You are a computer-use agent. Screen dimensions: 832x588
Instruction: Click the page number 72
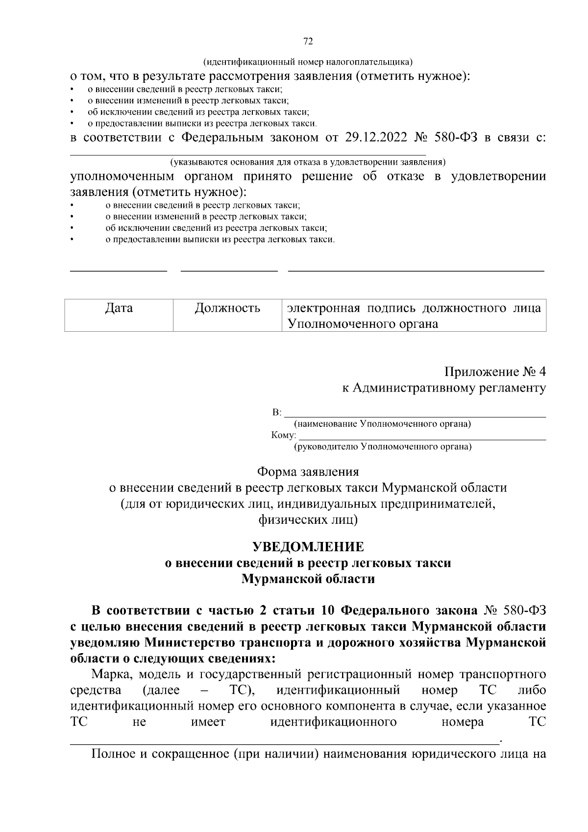[x=308, y=41]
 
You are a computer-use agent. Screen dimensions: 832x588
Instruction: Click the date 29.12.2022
[x=376, y=137]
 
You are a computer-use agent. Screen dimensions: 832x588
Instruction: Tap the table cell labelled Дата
[x=119, y=308]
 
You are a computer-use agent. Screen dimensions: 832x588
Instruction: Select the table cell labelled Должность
[x=227, y=308]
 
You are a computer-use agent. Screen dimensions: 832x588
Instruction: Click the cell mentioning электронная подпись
[x=414, y=316]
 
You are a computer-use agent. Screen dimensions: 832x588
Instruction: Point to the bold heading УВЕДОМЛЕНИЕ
[x=308, y=546]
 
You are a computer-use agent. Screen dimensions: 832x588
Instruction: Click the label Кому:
[x=284, y=435]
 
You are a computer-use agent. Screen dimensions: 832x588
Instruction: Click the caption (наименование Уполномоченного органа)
[x=382, y=424]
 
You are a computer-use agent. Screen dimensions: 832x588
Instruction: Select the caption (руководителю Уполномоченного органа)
[x=382, y=447]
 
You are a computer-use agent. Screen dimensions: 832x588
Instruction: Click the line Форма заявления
[x=308, y=472]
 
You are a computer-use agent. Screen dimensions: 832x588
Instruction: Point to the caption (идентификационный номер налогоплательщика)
[x=308, y=62]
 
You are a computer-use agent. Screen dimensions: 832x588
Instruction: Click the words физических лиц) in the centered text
[x=308, y=519]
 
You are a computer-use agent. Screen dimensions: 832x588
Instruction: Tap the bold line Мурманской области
[x=308, y=579]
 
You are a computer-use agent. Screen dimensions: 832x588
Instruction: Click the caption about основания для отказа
[x=308, y=162]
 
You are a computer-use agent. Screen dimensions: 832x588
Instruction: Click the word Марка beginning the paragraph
[x=111, y=675]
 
